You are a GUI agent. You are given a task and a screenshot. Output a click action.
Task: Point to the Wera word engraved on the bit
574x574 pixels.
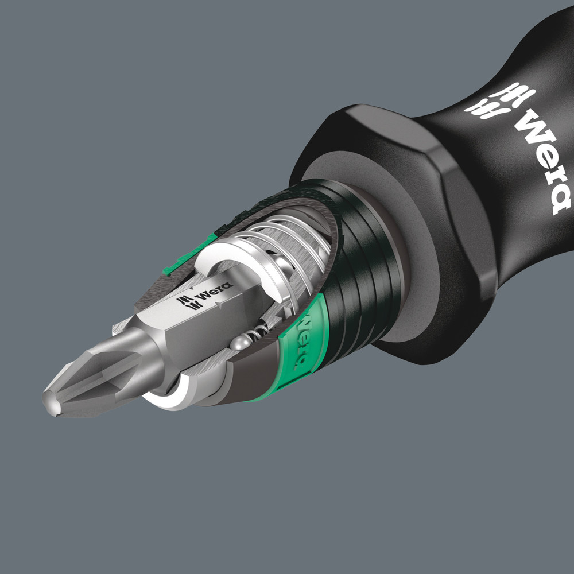pos(213,290)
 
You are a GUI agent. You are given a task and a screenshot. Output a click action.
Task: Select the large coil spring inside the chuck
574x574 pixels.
pos(287,241)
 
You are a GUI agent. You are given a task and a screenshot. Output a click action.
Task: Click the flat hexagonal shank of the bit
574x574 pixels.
pos(189,321)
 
